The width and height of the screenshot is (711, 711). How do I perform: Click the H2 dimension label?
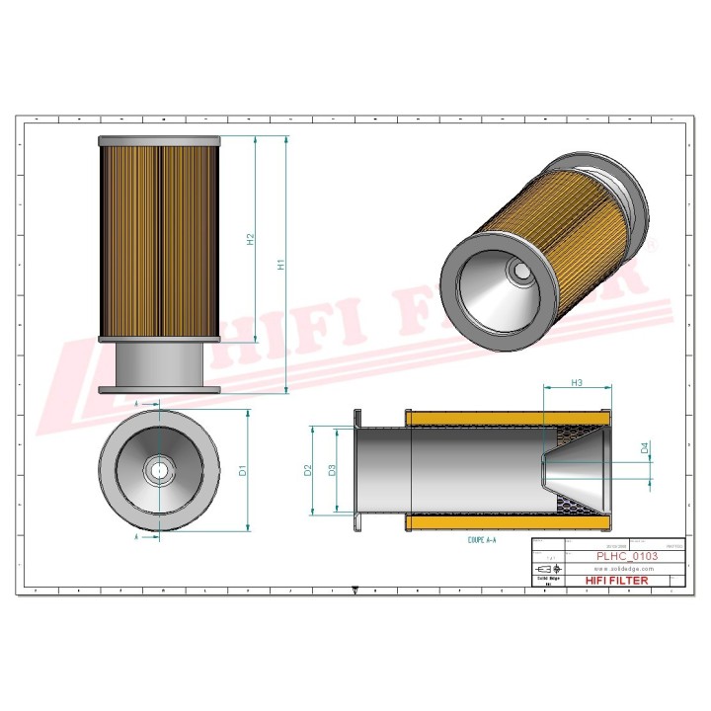coord(251,239)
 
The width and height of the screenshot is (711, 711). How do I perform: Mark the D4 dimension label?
coord(645,447)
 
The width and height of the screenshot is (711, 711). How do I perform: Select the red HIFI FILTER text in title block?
coord(617,581)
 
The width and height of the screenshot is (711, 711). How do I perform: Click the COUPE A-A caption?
coord(483,541)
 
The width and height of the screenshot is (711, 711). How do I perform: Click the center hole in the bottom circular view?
coord(158,470)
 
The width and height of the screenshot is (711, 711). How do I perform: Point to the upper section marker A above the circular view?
coord(134,405)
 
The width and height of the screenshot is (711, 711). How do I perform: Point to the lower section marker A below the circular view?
coord(134,536)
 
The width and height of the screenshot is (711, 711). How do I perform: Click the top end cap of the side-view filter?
coord(158,140)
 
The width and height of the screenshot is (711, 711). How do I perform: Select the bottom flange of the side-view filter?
coord(158,390)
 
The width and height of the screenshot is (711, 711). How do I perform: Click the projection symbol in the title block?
coord(543,570)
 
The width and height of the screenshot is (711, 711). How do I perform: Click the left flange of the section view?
coord(355,470)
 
